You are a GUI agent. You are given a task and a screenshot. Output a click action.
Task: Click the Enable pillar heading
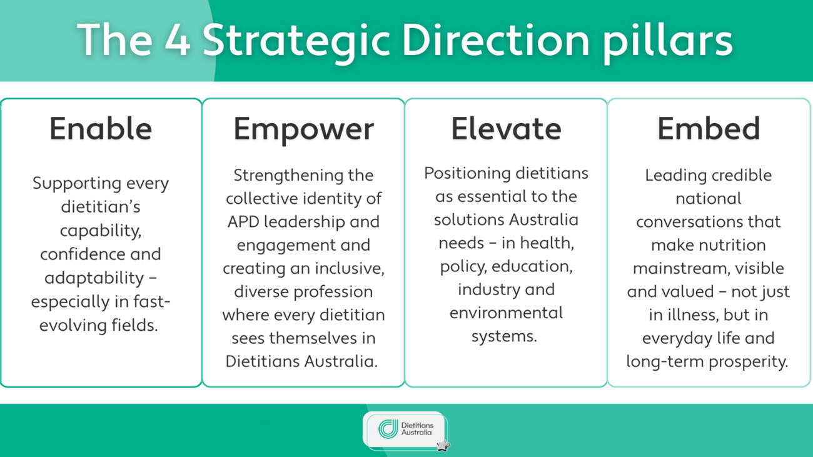tap(101, 129)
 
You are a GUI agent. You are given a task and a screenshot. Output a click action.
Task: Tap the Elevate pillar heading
tap(506, 129)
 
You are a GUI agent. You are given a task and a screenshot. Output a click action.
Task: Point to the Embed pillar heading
tap(709, 129)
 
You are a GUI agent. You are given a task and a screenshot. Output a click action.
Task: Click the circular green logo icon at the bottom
tap(388, 429)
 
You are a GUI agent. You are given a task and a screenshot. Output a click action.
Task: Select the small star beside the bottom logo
tap(443, 445)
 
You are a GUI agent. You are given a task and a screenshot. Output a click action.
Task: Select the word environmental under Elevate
tap(506, 313)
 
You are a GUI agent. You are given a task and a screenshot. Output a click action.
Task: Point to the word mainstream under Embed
tap(673, 269)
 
